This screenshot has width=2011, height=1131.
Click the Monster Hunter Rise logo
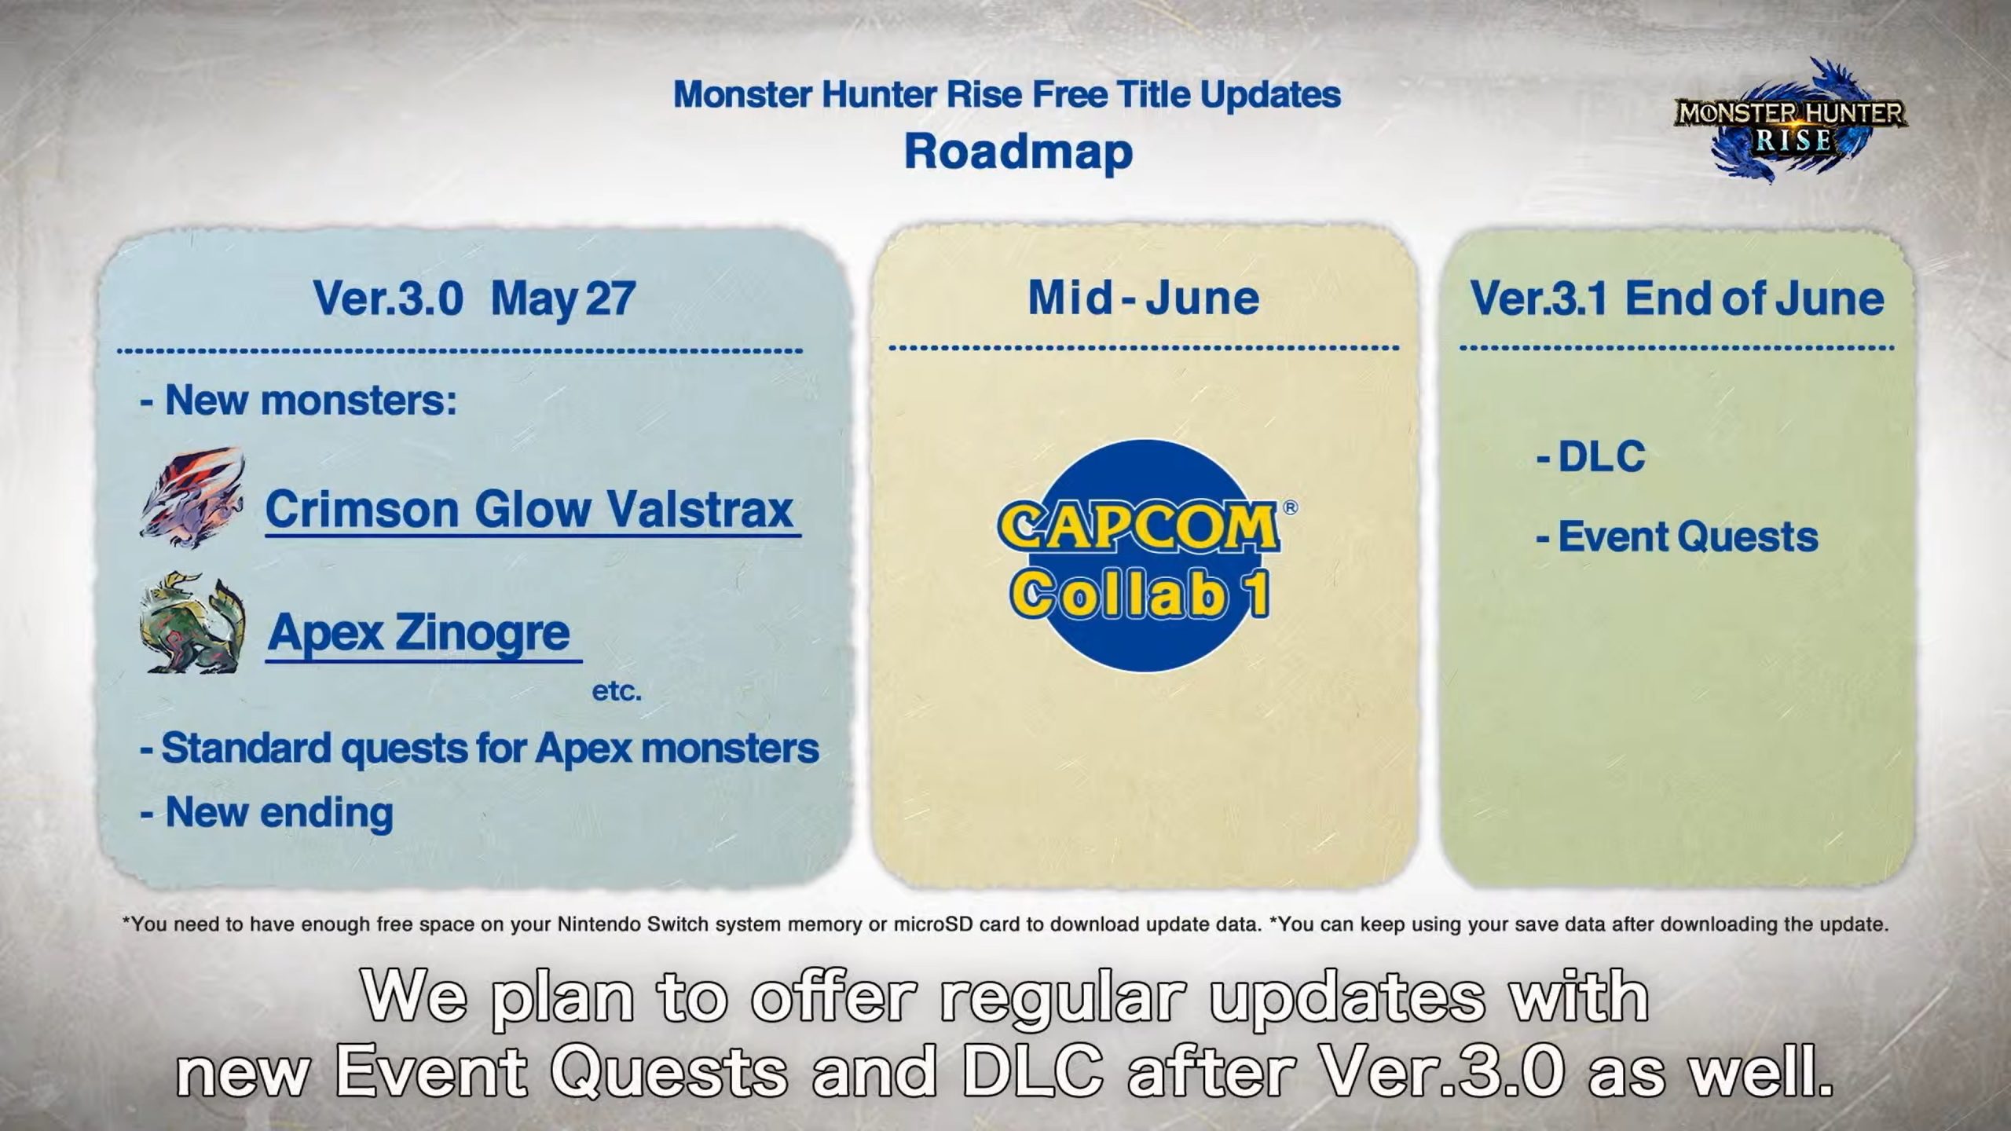pyautogui.click(x=1789, y=122)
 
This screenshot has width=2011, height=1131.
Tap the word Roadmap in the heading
pyautogui.click(x=1018, y=152)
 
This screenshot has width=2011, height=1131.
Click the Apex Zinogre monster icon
pyautogui.click(x=193, y=624)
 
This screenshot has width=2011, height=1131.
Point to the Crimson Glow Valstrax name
pyautogui.click(x=529, y=510)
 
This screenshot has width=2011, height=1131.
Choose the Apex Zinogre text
pyautogui.click(x=419, y=633)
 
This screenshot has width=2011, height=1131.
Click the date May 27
pyautogui.click(x=563, y=299)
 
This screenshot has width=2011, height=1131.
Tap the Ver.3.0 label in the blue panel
pyautogui.click(x=388, y=299)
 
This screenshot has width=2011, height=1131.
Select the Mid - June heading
pyautogui.click(x=1144, y=298)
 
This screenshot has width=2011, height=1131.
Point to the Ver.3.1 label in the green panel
pyautogui.click(x=1538, y=299)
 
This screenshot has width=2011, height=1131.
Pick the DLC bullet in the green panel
pyautogui.click(x=1591, y=456)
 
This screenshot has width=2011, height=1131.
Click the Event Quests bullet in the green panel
pyautogui.click(x=1677, y=537)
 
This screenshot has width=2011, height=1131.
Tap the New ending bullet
pyautogui.click(x=266, y=812)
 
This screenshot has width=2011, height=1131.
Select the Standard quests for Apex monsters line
pyautogui.click(x=479, y=749)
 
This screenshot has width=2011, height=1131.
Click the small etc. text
pyautogui.click(x=617, y=692)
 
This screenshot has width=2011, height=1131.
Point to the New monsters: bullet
pyautogui.click(x=299, y=401)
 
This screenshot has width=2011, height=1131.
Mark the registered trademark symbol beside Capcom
pyautogui.click(x=1290, y=508)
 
